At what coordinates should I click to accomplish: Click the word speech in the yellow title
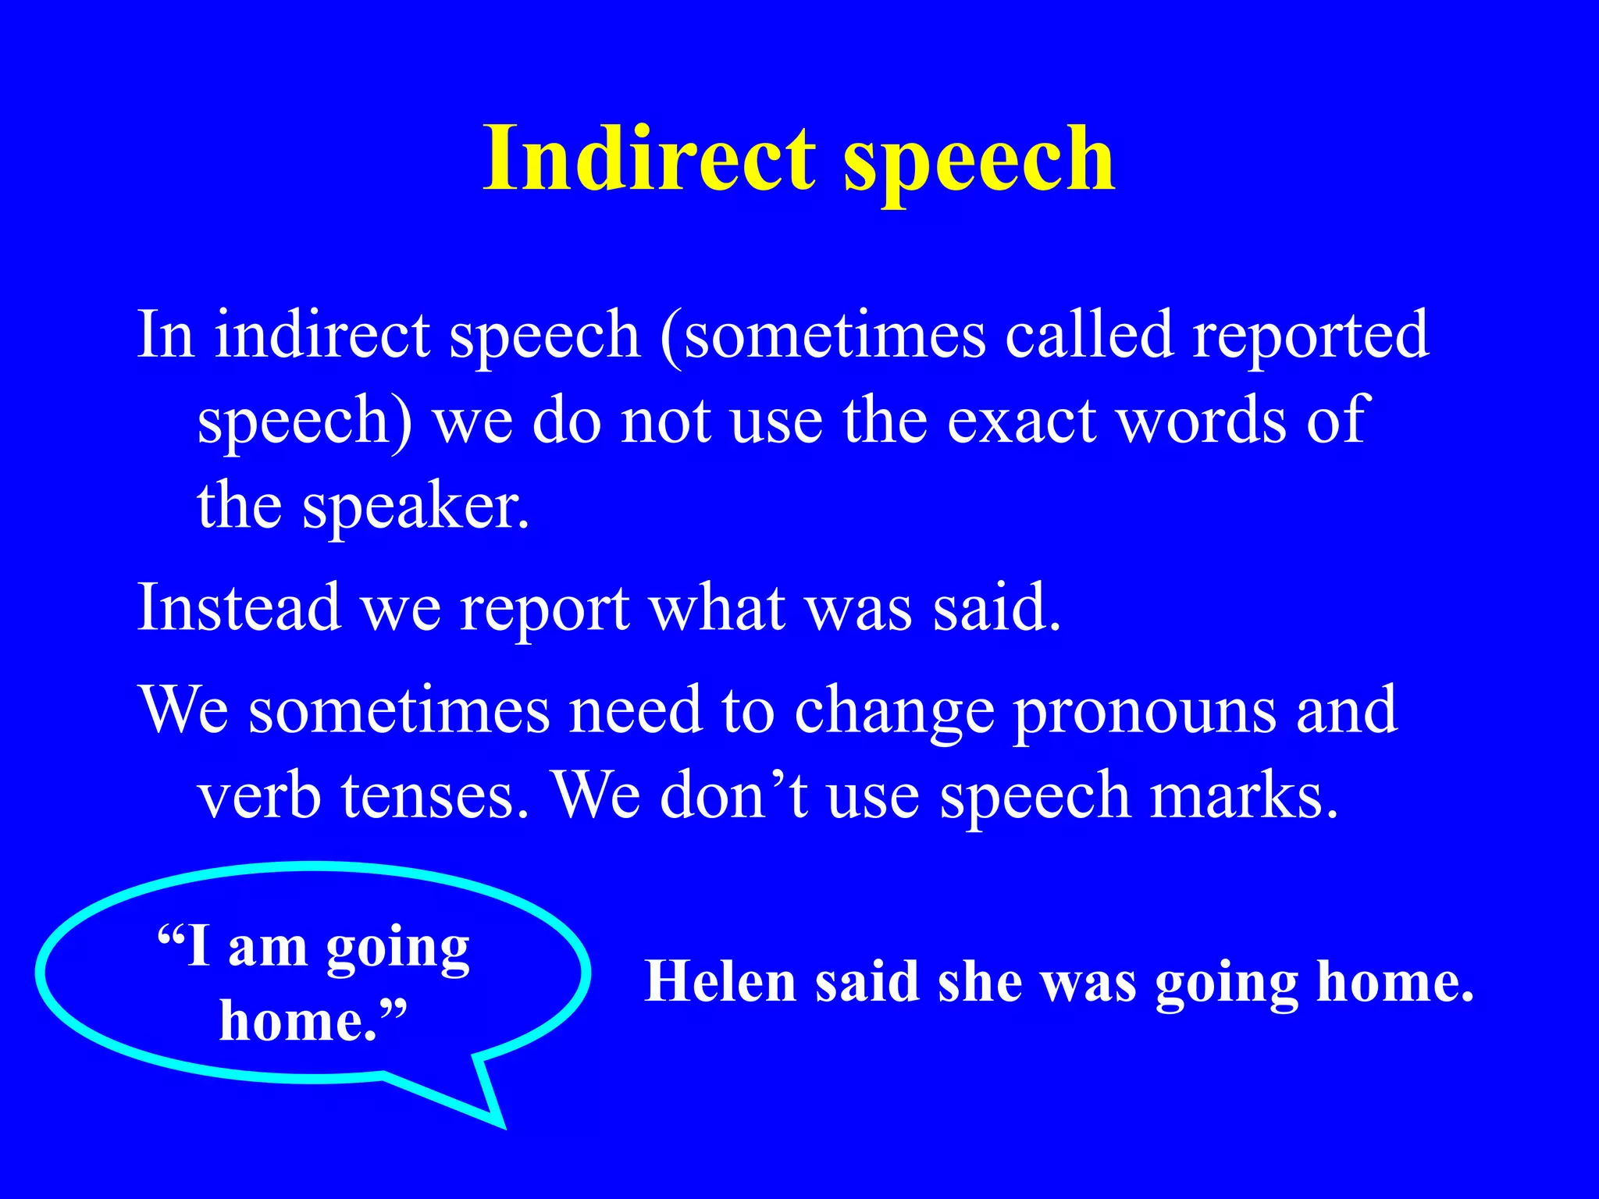(979, 164)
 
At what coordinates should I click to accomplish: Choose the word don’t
(734, 796)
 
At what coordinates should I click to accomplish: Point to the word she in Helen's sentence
(980, 981)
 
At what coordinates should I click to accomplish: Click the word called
(1089, 336)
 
